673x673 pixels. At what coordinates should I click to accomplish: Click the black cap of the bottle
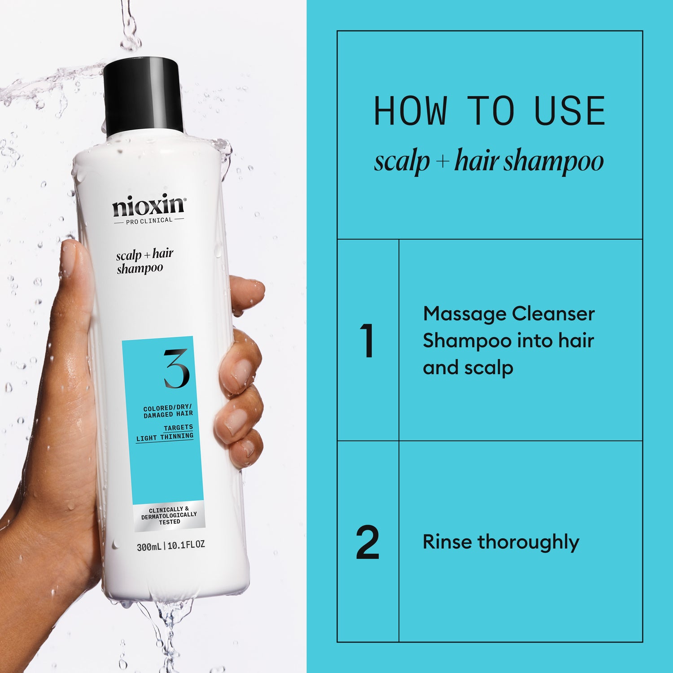tap(143, 96)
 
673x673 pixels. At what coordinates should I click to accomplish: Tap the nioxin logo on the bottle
tap(149, 206)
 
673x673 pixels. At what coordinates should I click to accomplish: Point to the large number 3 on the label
tap(176, 369)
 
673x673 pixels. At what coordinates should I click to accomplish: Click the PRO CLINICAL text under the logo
tap(149, 220)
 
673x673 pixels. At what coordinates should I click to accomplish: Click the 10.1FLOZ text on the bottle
tap(186, 545)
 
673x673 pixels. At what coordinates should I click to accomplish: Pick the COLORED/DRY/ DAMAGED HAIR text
tap(168, 411)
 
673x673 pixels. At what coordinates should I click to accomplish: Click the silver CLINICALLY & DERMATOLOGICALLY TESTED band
tap(169, 516)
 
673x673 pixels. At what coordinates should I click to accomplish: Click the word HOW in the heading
tap(411, 111)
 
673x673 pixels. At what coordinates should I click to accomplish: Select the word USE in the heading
tap(570, 111)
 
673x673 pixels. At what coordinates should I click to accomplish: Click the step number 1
tap(367, 341)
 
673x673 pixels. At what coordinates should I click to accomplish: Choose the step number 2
tap(367, 542)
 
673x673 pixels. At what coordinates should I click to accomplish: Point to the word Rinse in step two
tap(447, 542)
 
